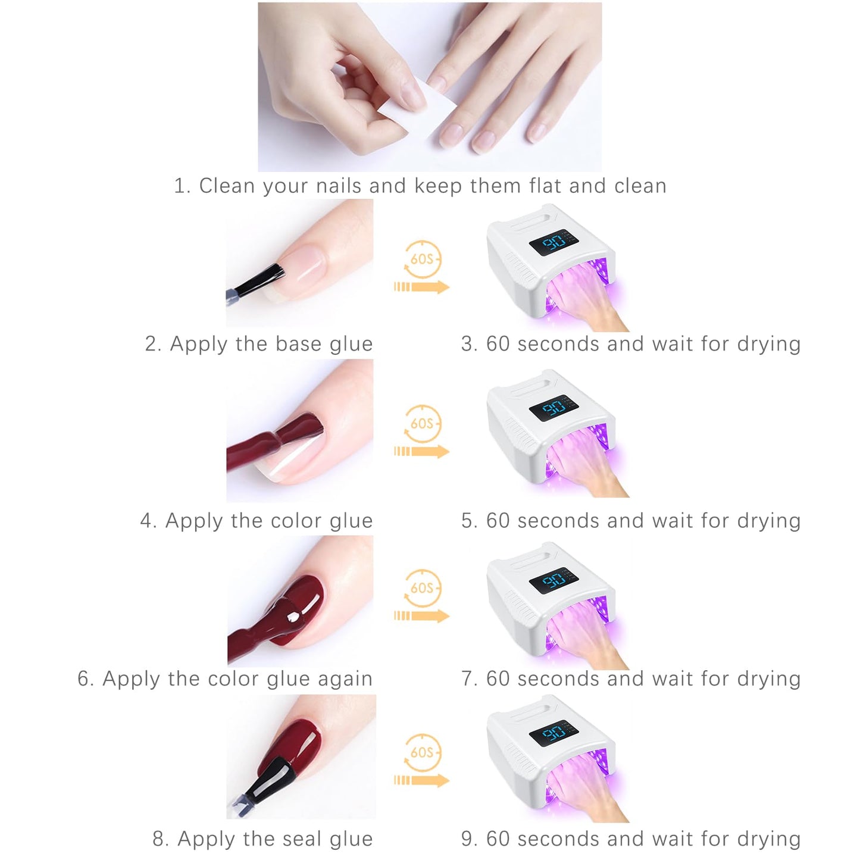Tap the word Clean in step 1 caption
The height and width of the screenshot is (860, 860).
click(227, 186)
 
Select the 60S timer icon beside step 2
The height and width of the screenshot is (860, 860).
click(422, 259)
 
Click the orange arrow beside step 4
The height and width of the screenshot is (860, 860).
click(421, 451)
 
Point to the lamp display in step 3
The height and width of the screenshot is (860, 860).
click(553, 242)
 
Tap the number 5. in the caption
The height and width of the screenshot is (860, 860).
click(470, 521)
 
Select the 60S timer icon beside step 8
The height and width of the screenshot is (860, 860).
click(422, 752)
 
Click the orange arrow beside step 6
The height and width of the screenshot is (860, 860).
click(421, 616)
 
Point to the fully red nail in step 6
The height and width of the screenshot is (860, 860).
click(299, 609)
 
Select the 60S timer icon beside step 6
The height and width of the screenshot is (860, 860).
click(422, 588)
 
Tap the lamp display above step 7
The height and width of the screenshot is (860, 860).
click(553, 580)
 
